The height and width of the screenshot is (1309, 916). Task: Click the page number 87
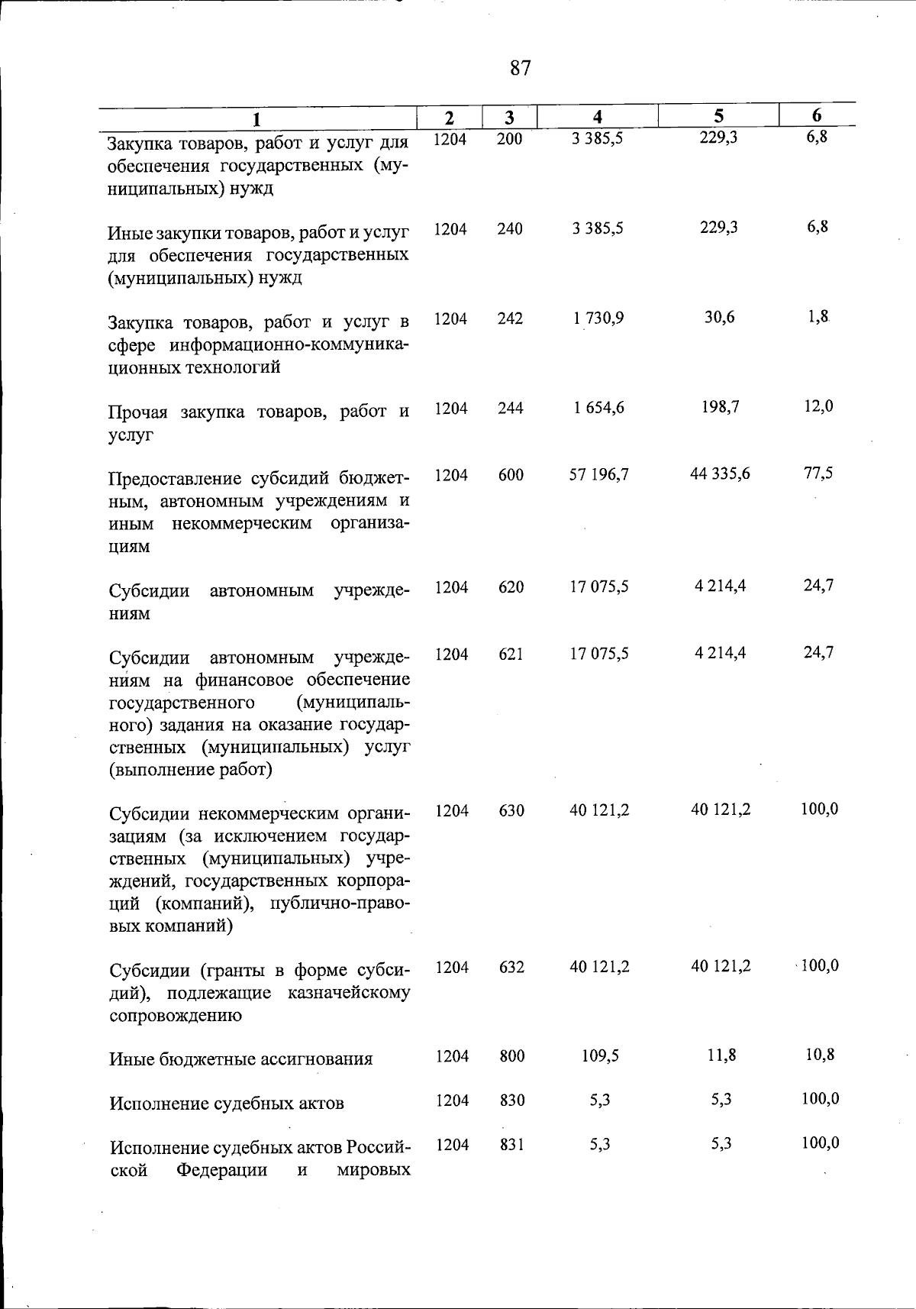[520, 69]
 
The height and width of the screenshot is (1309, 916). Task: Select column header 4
[598, 117]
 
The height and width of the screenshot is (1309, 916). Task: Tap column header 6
[817, 116]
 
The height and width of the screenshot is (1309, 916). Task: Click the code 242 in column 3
[510, 318]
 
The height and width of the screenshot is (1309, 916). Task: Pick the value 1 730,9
[598, 318]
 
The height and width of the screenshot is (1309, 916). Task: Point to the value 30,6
[720, 317]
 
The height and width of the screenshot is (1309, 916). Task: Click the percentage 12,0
[818, 406]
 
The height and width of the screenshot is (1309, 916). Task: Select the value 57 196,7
[599, 474]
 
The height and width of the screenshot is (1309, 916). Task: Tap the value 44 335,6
[720, 474]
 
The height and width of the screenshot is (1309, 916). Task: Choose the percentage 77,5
[818, 473]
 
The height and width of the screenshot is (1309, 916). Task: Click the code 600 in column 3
[511, 475]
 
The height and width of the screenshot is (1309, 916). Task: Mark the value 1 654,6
[598, 408]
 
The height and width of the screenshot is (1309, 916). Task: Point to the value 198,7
[720, 407]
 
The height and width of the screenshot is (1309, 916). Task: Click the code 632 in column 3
[511, 967]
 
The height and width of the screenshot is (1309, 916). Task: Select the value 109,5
[599, 1055]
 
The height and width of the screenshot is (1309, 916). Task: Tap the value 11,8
[721, 1055]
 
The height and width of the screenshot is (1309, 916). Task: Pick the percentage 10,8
[819, 1055]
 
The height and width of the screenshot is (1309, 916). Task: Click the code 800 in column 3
[511, 1056]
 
